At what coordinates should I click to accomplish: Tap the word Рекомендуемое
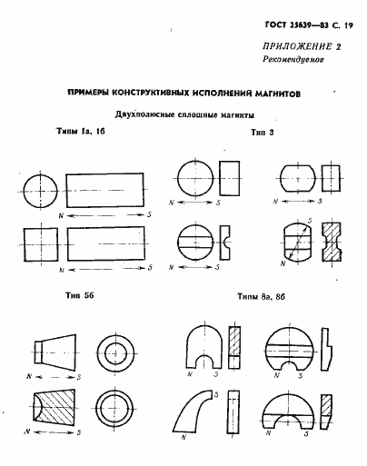tap(290, 63)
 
